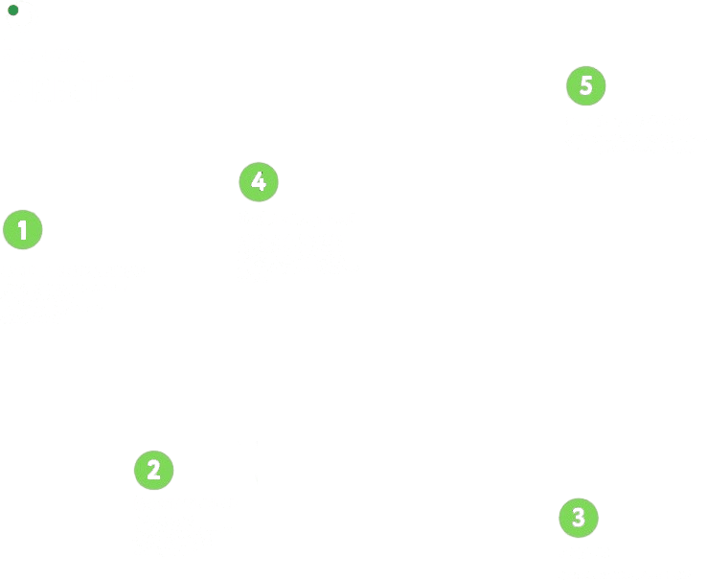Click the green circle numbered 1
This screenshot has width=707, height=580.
[x=23, y=229]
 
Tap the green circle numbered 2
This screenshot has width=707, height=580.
[x=153, y=470]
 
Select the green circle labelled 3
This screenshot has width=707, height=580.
[x=579, y=518]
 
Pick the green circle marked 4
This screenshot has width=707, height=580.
[x=259, y=182]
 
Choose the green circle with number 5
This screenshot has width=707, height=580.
[x=585, y=85]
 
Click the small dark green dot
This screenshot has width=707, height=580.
[x=13, y=10]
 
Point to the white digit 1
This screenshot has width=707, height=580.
[x=22, y=229]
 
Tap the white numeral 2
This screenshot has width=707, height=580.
[x=153, y=470]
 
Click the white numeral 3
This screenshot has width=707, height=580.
[x=579, y=518]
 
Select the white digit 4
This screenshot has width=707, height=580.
[x=259, y=182]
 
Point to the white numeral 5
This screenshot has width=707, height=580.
[x=585, y=85]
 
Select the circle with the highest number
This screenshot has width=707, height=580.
[x=585, y=85]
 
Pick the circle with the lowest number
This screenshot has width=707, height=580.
[x=23, y=229]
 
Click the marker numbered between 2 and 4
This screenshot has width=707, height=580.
[x=579, y=518]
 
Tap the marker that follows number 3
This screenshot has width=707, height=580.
[x=259, y=182]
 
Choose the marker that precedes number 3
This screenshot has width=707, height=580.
[x=153, y=470]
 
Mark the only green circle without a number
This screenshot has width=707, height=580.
[x=13, y=10]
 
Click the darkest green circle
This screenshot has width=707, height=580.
[x=13, y=10]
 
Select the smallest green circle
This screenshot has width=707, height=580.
[x=13, y=10]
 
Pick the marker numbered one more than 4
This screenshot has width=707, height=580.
[x=585, y=85]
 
